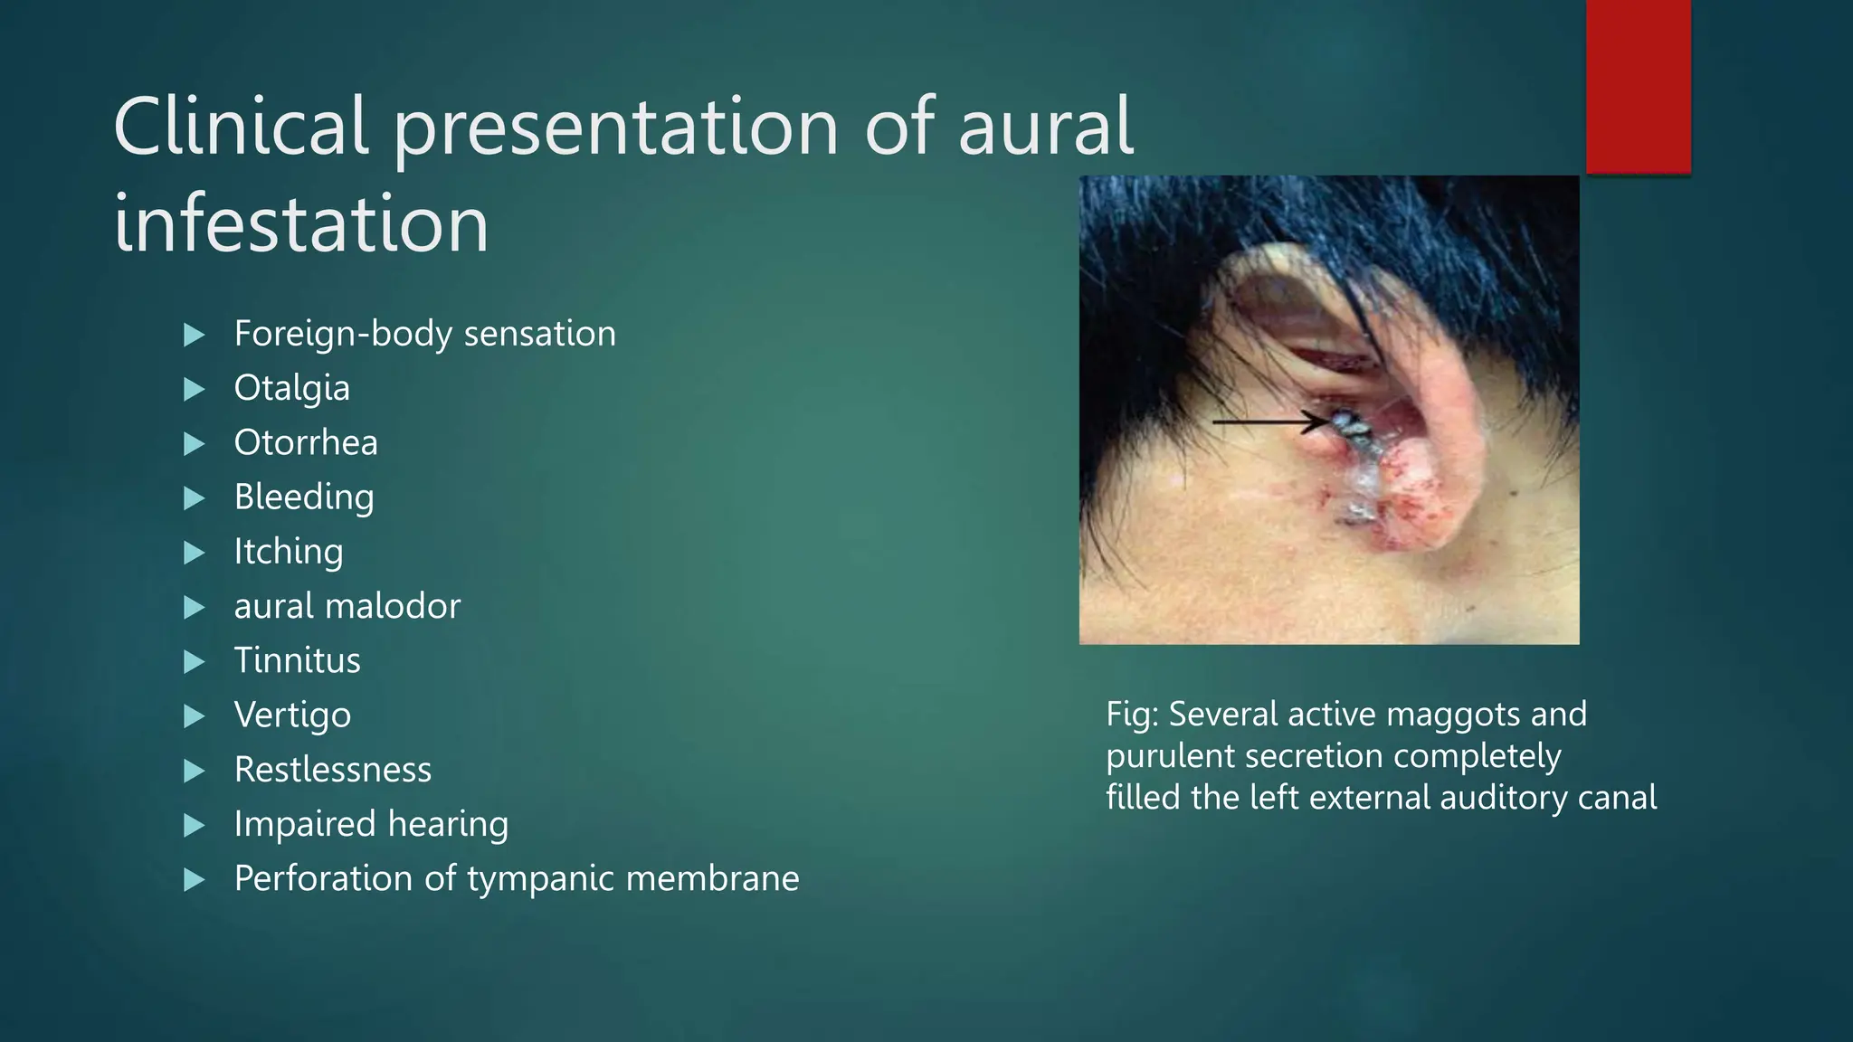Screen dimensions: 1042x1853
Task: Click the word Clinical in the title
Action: (240, 127)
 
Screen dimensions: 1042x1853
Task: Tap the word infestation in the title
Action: (300, 224)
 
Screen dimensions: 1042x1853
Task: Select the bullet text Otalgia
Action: (291, 388)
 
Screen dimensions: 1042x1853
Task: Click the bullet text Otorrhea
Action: (306, 442)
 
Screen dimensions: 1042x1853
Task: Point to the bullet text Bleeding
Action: (303, 497)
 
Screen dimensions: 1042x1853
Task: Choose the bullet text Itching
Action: (288, 551)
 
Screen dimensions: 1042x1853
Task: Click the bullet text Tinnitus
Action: (297, 660)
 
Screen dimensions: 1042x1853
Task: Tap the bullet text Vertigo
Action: (292, 715)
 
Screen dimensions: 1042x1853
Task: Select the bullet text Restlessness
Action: (332, 770)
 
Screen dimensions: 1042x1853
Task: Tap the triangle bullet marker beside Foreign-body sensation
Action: (194, 336)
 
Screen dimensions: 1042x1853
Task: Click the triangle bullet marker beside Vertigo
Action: (194, 716)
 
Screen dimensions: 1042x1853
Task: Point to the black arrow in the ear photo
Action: (1267, 422)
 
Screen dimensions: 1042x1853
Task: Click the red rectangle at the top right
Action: (1638, 86)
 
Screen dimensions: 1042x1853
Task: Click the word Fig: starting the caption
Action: (1132, 715)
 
